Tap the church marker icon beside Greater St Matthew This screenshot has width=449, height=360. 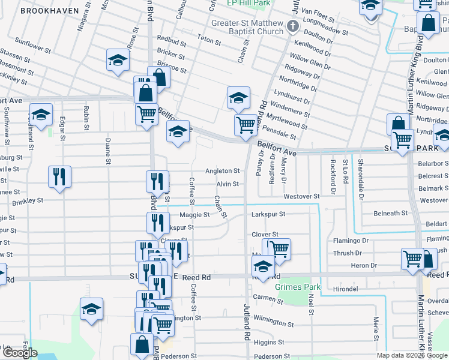click(292, 25)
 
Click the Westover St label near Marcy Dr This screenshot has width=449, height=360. click(301, 196)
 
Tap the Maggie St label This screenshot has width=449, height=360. click(194, 214)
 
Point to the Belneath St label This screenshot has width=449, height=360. click(390, 213)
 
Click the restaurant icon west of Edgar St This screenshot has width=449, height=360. click(59, 176)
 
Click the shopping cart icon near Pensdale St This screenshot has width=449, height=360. click(246, 125)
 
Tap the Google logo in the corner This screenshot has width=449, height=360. click(20, 353)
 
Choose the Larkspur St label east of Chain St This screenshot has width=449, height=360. click(268, 214)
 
